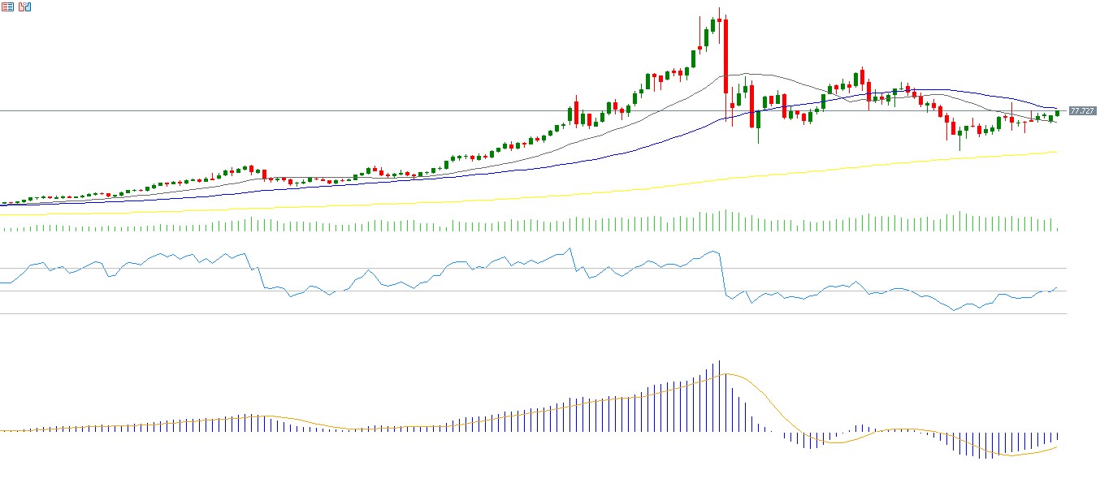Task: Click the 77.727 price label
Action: pyautogui.click(x=1082, y=111)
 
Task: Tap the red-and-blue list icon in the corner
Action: pyautogui.click(x=7, y=7)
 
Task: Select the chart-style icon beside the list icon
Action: pyautogui.click(x=25, y=7)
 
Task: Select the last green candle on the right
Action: pyautogui.click(x=1057, y=113)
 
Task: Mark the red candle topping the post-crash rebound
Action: pyautogui.click(x=861, y=76)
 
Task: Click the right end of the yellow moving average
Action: pyautogui.click(x=1056, y=152)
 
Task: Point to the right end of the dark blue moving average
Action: pyautogui.click(x=1056, y=108)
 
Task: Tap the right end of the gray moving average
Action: pyautogui.click(x=1056, y=122)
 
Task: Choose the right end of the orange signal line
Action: pyautogui.click(x=1057, y=446)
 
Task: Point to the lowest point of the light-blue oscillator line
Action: pyautogui.click(x=954, y=310)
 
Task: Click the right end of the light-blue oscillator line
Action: pyautogui.click(x=1057, y=287)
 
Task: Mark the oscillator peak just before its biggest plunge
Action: pyautogui.click(x=714, y=251)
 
